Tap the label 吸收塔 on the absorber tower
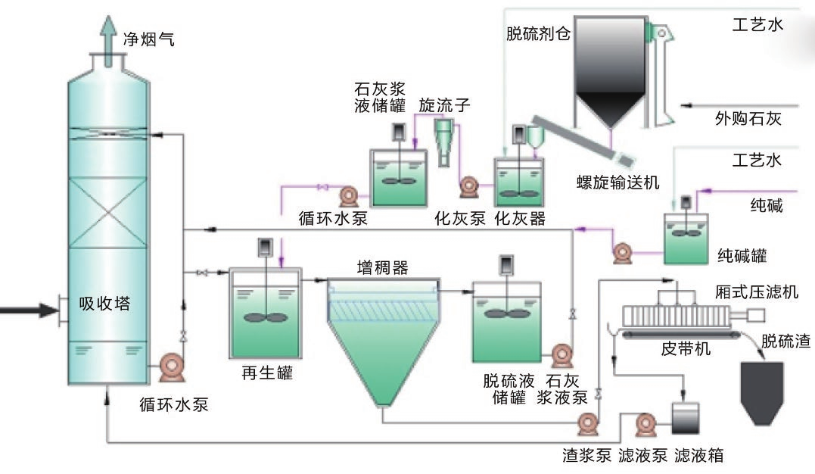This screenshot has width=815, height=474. point(104,304)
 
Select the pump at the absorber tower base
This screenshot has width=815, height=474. point(170,368)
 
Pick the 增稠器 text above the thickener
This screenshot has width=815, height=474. point(382,267)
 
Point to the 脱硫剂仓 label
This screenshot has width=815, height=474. point(537,34)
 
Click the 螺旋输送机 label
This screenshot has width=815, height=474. point(617,182)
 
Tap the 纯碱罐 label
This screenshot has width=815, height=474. point(742,257)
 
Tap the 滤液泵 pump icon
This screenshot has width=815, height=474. point(645,424)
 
